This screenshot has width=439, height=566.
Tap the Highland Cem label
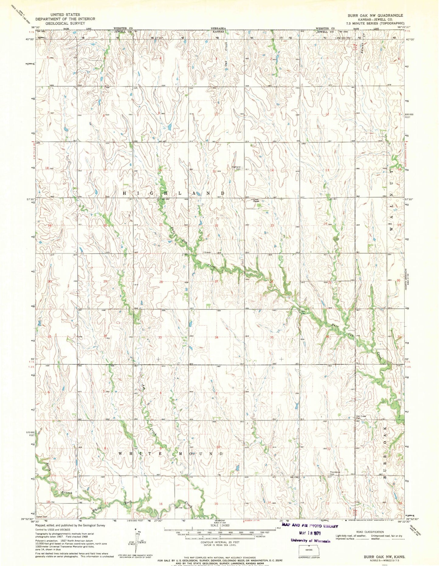click(237, 168)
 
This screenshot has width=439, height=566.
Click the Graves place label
click(207, 252)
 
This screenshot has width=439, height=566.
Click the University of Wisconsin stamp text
click(310, 540)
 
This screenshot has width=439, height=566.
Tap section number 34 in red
click(217, 337)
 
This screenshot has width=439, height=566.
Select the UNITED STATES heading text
click(65, 15)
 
